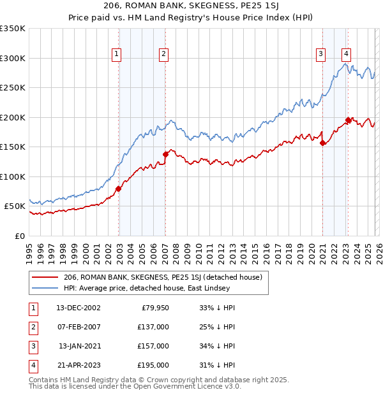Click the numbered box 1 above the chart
point(117,55)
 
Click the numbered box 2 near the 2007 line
point(163,55)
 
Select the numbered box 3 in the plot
point(320,55)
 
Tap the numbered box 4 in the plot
point(345,55)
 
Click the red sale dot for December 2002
point(119,189)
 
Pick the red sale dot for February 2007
point(165,154)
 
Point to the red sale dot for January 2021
point(322,143)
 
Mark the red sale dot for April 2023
point(348,120)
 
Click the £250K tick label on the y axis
point(13,88)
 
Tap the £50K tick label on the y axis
point(15,206)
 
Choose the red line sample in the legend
point(45,277)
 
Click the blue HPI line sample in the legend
point(45,288)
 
